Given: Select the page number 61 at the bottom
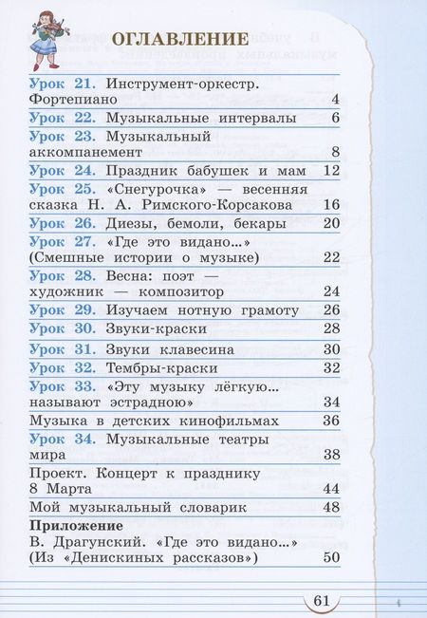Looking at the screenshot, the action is [321, 599].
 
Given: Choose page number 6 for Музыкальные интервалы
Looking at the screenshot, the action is [335, 118].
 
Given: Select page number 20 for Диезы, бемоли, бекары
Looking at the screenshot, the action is [330, 225].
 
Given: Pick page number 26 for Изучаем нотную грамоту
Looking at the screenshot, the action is [330, 310].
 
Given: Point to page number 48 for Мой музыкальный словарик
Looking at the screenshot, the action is [330, 508].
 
